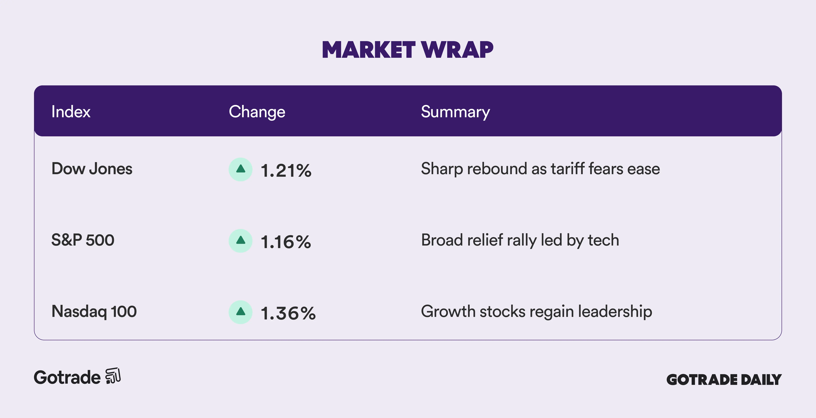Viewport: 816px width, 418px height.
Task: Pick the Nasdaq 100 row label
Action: coord(94,311)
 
